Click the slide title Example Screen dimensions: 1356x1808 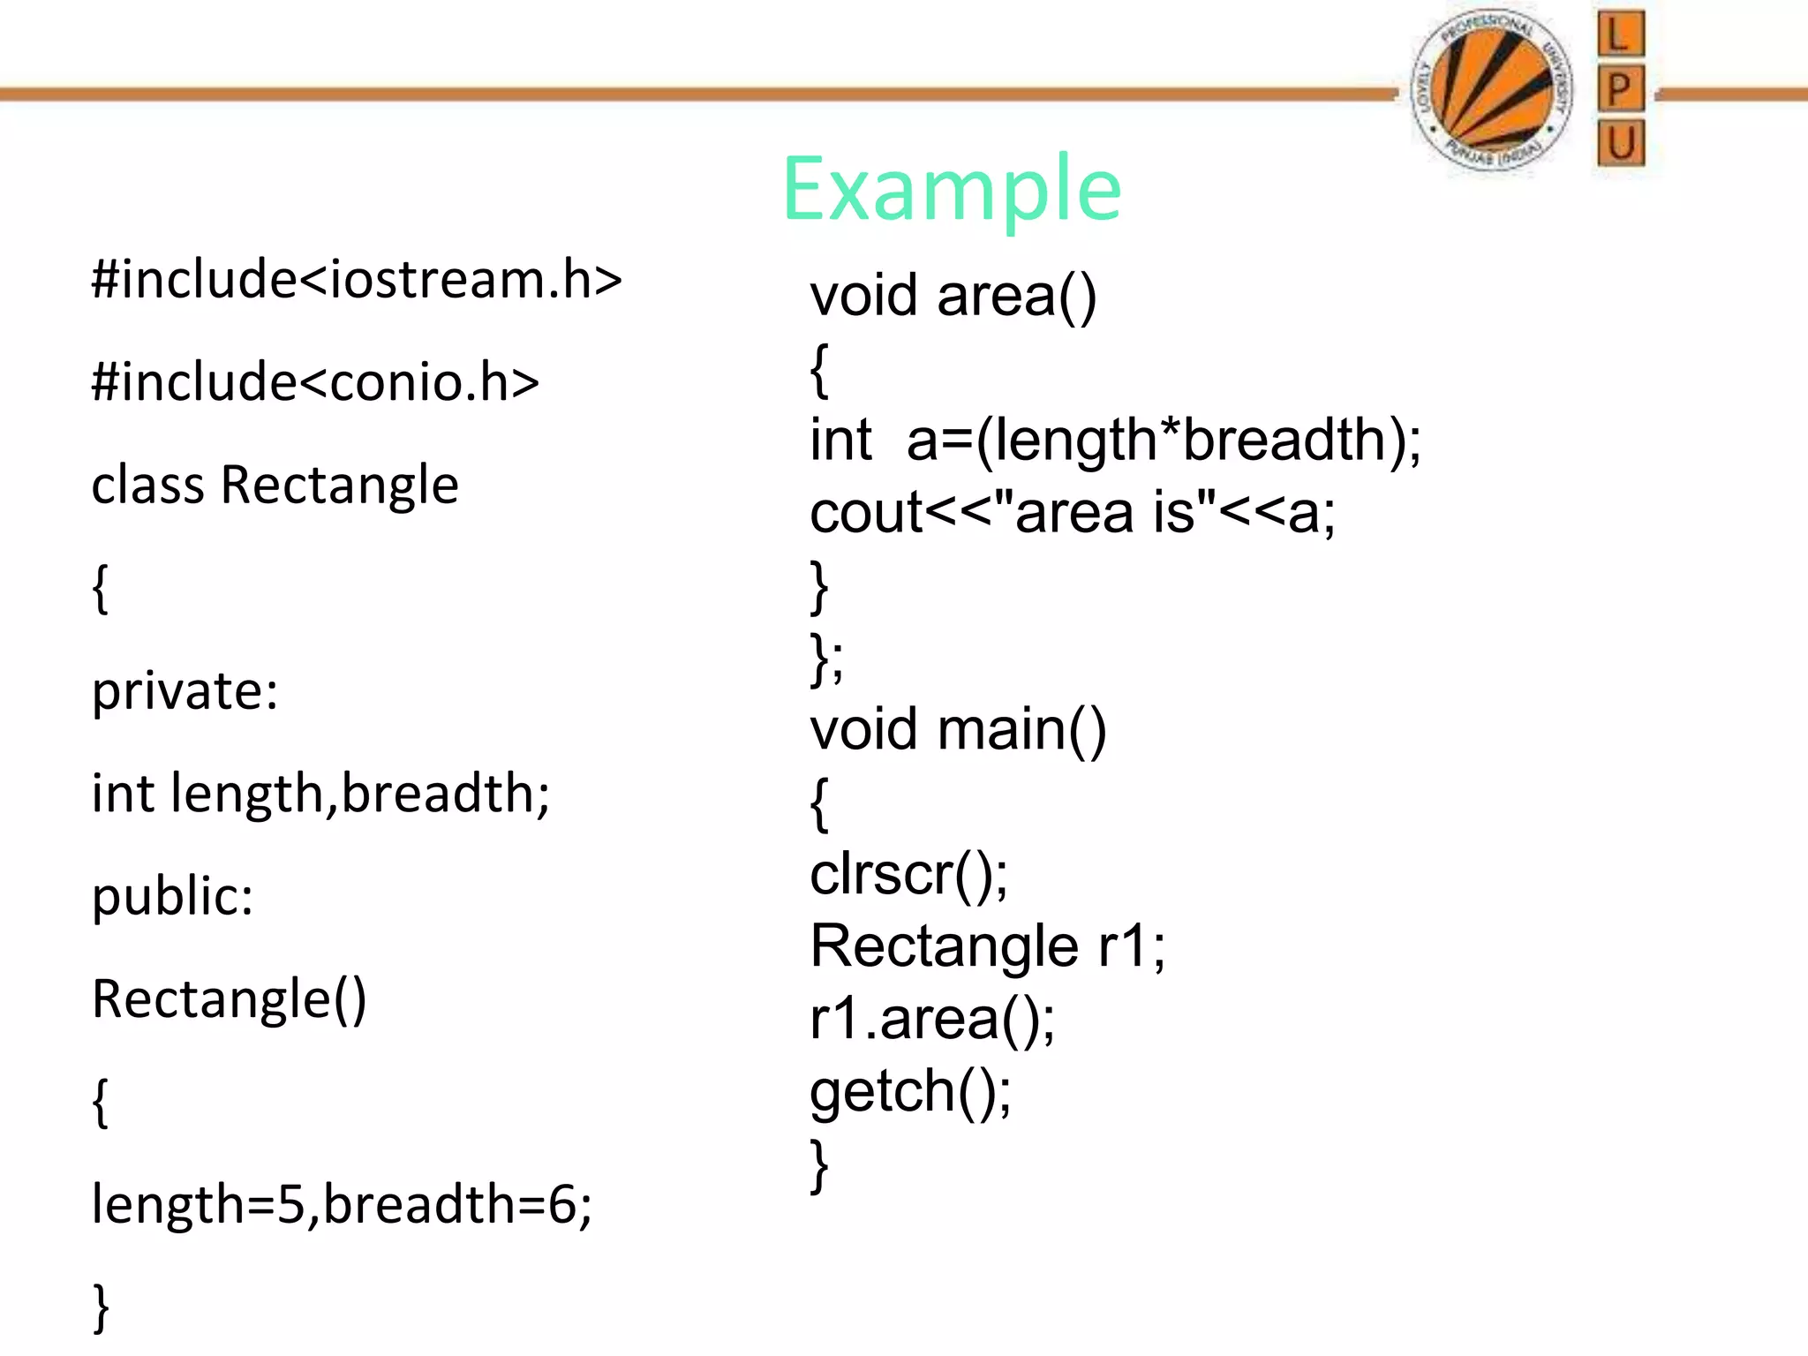click(951, 189)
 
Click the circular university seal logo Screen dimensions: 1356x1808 click(1492, 91)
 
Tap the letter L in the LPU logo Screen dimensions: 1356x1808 click(1620, 35)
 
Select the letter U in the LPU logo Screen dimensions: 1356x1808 click(1621, 143)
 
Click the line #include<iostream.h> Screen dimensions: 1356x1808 click(357, 280)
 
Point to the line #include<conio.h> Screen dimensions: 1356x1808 click(315, 382)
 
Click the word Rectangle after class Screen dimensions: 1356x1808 click(340, 485)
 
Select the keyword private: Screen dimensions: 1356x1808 click(185, 690)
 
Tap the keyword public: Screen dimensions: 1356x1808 click(173, 896)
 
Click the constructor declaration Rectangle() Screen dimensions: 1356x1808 click(229, 999)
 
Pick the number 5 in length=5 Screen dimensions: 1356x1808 click(290, 1204)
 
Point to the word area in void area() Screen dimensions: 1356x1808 click(996, 296)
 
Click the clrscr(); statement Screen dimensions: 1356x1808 click(908, 875)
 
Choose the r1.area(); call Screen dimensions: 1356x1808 click(931, 1020)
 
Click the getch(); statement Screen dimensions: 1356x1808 click(910, 1092)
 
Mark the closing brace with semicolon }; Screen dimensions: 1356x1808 click(826, 658)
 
